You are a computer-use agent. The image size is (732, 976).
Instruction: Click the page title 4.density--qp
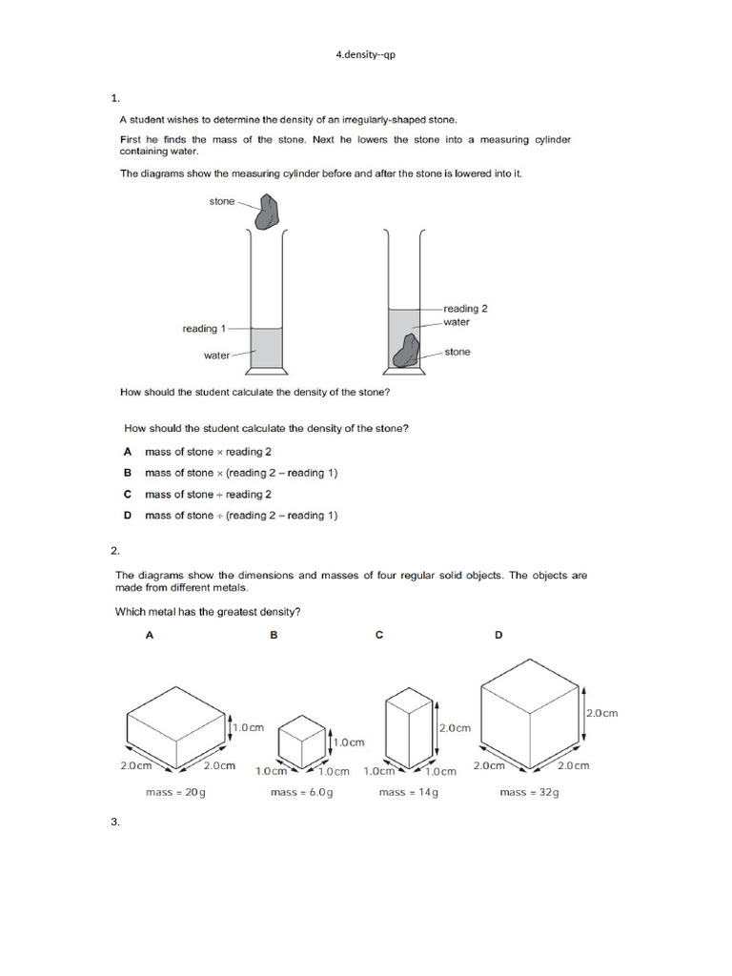tap(365, 54)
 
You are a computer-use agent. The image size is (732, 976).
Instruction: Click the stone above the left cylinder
tap(267, 212)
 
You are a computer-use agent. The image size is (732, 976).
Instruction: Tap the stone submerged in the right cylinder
tap(406, 352)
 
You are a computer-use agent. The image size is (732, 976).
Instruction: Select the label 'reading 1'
tap(204, 329)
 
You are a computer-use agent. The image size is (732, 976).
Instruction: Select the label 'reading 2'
tap(466, 309)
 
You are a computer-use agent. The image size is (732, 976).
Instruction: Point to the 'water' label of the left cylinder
tap(217, 356)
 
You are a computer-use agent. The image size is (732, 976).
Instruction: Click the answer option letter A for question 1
tap(128, 452)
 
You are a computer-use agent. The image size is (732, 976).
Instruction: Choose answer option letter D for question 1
tap(128, 516)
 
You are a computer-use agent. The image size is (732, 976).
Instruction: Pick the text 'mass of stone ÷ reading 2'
tap(208, 495)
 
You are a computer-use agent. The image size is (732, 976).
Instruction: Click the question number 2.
tap(114, 551)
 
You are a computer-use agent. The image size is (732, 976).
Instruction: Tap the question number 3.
tap(114, 822)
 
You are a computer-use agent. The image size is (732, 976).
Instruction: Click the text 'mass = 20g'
tap(175, 792)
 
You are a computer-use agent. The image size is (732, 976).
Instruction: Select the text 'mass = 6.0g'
tap(301, 792)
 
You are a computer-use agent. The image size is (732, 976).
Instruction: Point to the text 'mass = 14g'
tap(408, 792)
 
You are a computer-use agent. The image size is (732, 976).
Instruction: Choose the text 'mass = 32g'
tap(529, 792)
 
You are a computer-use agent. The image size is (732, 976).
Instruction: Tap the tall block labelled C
tap(408, 728)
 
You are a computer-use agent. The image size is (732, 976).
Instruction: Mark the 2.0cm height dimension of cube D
tap(601, 713)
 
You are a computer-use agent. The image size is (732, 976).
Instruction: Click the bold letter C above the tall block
tap(379, 635)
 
